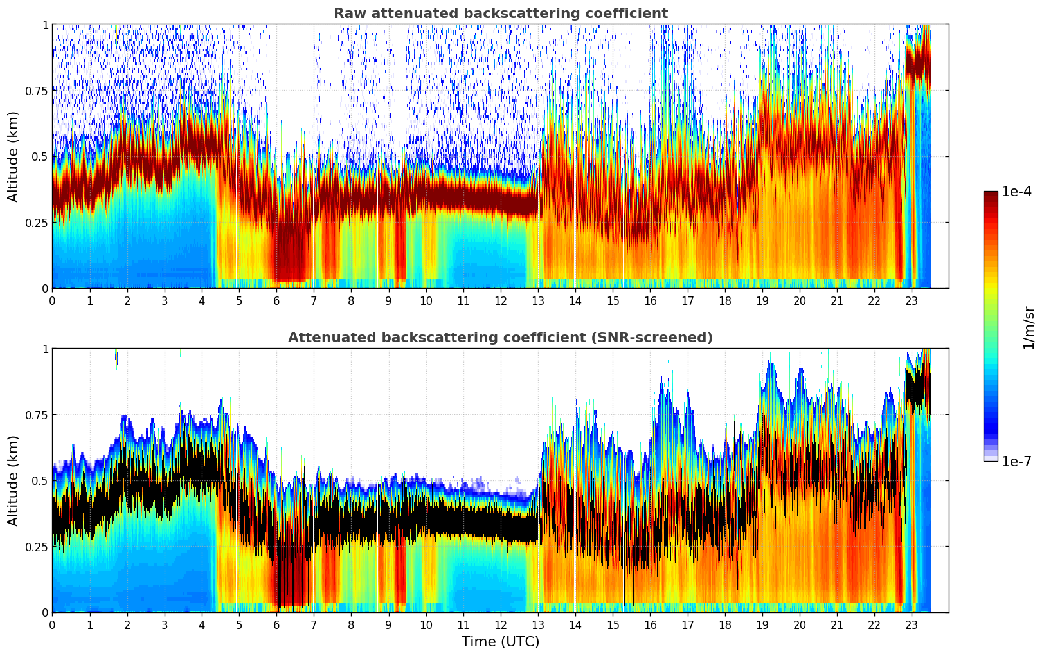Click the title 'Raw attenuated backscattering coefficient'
point(500,14)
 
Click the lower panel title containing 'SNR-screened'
point(500,338)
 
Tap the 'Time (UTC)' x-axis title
point(500,642)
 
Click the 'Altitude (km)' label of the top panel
point(13,156)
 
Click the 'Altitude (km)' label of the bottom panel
point(13,480)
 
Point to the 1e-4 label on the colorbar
point(1016,192)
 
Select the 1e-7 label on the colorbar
point(1016,461)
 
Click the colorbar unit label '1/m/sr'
point(1029,327)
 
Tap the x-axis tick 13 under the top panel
point(538,300)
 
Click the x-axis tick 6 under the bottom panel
point(276,624)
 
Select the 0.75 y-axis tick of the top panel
point(37,91)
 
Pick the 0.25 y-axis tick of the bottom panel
point(37,547)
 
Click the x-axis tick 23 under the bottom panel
point(912,624)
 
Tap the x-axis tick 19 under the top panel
point(762,300)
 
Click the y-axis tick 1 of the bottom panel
point(45,349)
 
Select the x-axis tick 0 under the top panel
point(53,300)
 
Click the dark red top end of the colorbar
point(991,194)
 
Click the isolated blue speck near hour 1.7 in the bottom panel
point(116,358)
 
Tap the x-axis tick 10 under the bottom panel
point(426,624)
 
